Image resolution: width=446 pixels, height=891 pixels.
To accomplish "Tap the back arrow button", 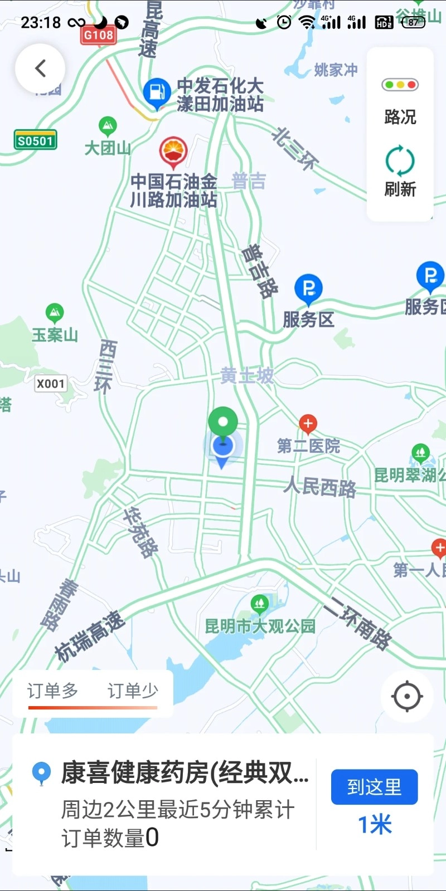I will coord(40,68).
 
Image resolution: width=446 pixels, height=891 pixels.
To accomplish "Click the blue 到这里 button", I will coord(374,787).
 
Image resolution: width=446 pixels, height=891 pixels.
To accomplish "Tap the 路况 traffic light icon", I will coord(400,85).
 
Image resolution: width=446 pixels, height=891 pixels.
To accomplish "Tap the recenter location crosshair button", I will coord(407,696).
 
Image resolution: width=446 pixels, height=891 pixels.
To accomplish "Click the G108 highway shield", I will coord(99,35).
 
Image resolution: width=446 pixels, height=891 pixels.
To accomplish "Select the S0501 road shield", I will coord(35,140).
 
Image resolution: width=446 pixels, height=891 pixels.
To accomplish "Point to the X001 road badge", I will coord(51,383).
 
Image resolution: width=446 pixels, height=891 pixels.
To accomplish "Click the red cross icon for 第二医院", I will coord(308,424).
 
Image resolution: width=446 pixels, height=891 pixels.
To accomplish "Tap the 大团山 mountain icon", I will coord(108,126).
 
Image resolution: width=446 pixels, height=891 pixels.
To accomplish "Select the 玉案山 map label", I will coord(55,335).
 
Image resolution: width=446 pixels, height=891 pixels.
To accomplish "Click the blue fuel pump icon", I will coord(157,92).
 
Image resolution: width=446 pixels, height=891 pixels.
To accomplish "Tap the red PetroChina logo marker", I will coord(173,150).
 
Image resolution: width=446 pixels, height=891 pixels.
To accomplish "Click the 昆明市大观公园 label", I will coord(260,626).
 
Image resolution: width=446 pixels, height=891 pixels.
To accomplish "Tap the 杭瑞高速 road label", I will coord(89,636).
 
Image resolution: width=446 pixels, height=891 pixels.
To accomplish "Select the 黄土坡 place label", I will coord(247,376).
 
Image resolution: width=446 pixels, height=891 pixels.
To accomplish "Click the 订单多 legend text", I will coord(53,691).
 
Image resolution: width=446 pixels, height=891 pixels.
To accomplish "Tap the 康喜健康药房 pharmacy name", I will coord(184,773).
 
